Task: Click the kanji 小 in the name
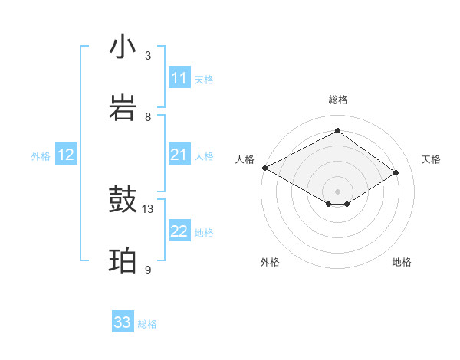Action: click(x=123, y=47)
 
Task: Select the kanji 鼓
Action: click(x=123, y=201)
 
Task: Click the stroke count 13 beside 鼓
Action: click(x=148, y=208)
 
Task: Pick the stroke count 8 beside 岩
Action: click(x=148, y=116)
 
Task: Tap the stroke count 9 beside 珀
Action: click(x=148, y=270)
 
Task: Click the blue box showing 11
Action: click(x=179, y=78)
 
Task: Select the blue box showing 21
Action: click(x=179, y=155)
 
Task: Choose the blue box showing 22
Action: click(x=179, y=232)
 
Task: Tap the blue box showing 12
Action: click(x=66, y=155)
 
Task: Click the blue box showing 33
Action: click(x=123, y=322)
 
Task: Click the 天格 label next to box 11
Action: click(x=204, y=79)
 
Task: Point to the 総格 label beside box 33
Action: click(x=147, y=324)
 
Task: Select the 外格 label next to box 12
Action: click(x=41, y=156)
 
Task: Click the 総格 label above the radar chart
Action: click(x=337, y=100)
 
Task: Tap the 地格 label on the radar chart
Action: click(x=402, y=262)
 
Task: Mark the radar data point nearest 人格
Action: click(x=264, y=168)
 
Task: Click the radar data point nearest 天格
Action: click(x=396, y=173)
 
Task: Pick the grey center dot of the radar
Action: click(x=337, y=191)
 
